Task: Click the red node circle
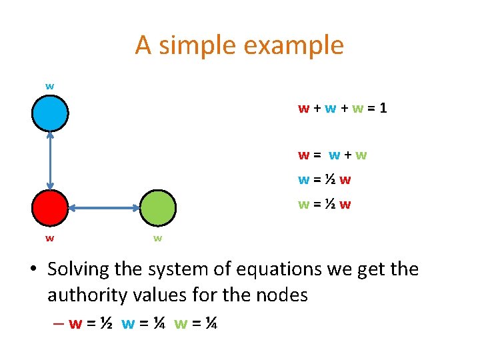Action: coord(50,208)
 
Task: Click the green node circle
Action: coord(159,207)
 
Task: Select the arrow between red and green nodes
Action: coord(105,208)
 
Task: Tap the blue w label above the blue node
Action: coord(50,86)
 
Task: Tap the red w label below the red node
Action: coord(50,237)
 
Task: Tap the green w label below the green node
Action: coord(158,237)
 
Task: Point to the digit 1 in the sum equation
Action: coord(383,107)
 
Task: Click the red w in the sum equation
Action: coord(303,108)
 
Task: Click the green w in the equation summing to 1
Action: coord(359,108)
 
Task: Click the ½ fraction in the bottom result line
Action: coord(105,324)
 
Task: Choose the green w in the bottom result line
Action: coord(181,325)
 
